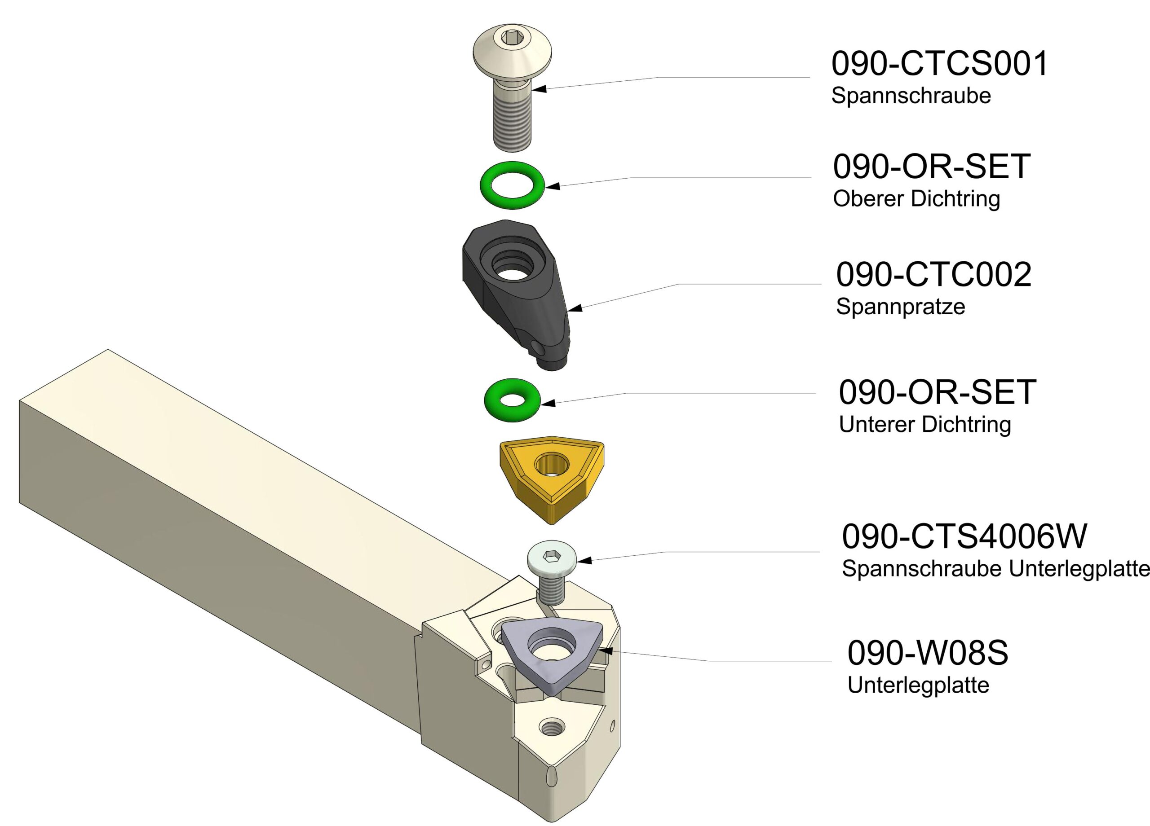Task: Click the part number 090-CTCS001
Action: click(x=939, y=64)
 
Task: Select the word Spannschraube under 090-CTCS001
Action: click(x=911, y=96)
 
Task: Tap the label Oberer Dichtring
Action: click(x=916, y=199)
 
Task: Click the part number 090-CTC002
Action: click(x=933, y=275)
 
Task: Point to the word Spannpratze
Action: click(x=900, y=307)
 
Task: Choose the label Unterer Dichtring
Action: click(x=925, y=425)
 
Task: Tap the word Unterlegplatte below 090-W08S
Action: click(x=918, y=685)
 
